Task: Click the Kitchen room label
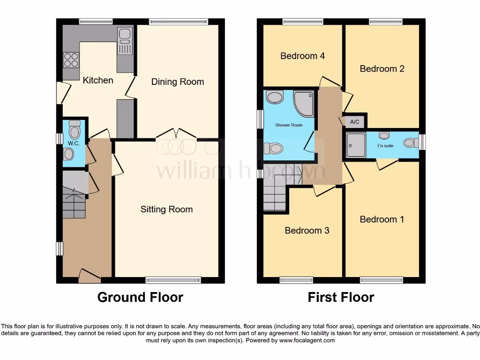point(98,80)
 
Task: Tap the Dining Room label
point(178,82)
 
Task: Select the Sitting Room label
point(166,209)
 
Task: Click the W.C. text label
point(74,143)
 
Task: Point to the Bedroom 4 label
point(302,56)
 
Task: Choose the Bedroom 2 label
point(382,68)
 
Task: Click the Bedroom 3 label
point(307,230)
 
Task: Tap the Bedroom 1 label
point(382,219)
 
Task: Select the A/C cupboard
point(355,122)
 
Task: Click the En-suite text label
point(385,146)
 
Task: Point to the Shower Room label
point(288,125)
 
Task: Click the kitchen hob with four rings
point(71,60)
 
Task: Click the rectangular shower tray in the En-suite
point(355,146)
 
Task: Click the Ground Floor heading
point(140,297)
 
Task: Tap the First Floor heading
point(341,297)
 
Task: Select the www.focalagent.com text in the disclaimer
point(307,340)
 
